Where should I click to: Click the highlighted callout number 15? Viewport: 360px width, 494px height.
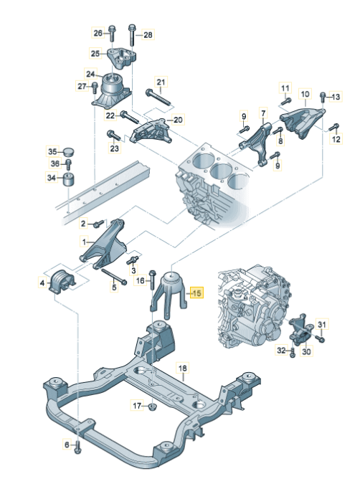(197, 292)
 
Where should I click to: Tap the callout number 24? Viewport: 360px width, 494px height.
(91, 73)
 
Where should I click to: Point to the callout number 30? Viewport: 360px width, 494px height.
(306, 352)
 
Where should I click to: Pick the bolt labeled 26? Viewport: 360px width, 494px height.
(113, 32)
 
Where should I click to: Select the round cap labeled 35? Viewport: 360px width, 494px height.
(69, 151)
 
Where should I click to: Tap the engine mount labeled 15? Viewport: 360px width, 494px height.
(170, 290)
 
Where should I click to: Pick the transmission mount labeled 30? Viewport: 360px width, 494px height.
(300, 333)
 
